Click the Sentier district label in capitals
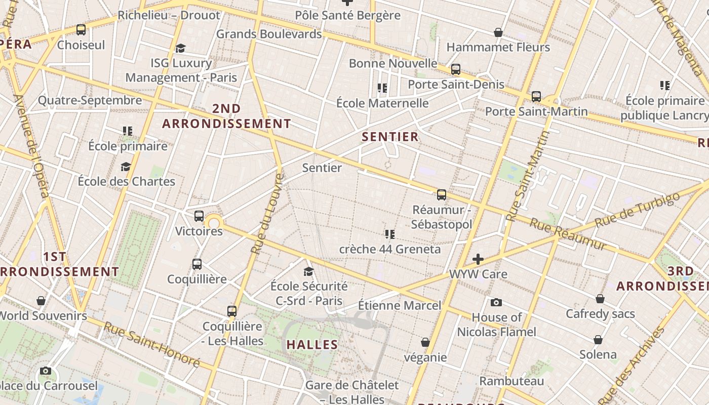[x=390, y=137]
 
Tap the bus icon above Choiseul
[x=81, y=30]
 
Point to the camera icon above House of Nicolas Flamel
[x=496, y=303]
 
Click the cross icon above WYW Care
[x=478, y=260]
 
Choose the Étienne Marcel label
[x=400, y=305]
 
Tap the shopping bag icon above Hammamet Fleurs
[x=498, y=32]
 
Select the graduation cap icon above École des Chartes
[x=126, y=167]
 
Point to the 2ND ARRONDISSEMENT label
[x=226, y=116]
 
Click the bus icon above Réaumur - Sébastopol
[x=442, y=195]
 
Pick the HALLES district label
[x=312, y=345]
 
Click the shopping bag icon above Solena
[x=598, y=340]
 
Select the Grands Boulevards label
[x=269, y=34]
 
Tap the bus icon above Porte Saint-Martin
[x=536, y=97]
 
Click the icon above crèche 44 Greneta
[x=389, y=234]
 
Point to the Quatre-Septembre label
[x=90, y=100]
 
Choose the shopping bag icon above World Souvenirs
[x=41, y=301]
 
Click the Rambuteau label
[x=511, y=381]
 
